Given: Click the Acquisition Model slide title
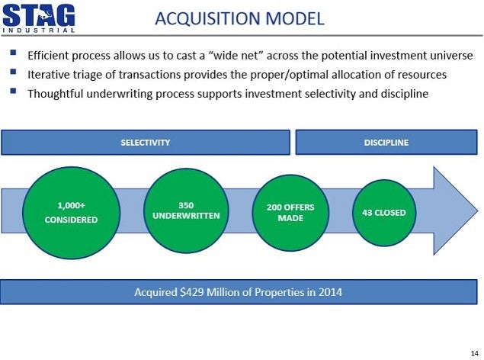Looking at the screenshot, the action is (239, 18).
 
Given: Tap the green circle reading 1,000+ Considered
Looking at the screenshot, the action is (72, 213).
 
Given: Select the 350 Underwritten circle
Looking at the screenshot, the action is (186, 211).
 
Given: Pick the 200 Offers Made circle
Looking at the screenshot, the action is (290, 213).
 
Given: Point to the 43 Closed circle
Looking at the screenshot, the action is (384, 213).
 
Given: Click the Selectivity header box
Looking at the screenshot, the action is (146, 143).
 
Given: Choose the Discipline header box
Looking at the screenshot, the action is (386, 143).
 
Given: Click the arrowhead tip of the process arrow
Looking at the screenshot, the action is (478, 211).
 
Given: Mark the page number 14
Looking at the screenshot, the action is (475, 353).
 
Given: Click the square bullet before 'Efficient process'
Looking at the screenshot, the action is (13, 53).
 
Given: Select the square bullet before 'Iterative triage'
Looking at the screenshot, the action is (13, 72).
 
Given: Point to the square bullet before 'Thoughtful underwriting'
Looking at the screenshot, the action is (13, 91).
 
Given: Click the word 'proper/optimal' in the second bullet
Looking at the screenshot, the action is (289, 75).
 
